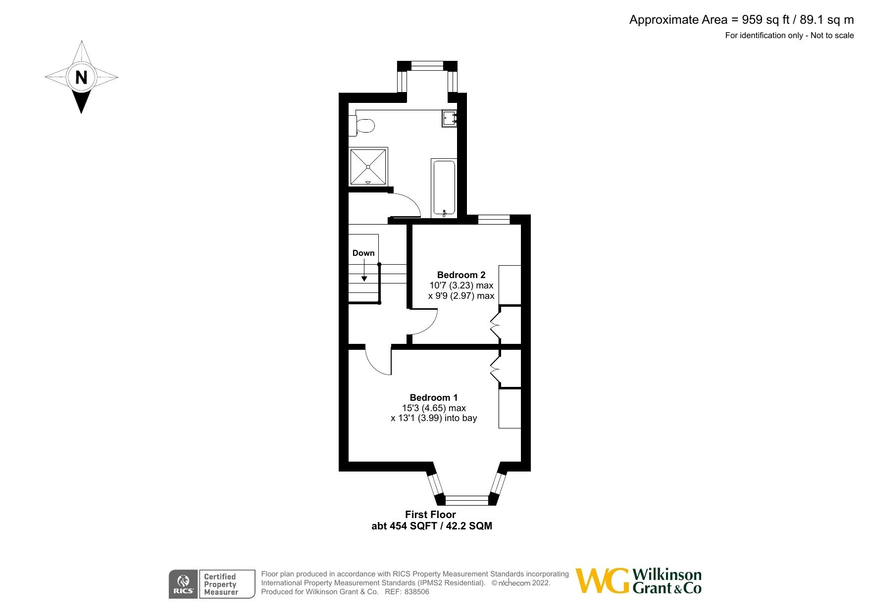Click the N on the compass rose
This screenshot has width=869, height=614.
click(81, 77)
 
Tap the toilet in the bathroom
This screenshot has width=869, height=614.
click(363, 125)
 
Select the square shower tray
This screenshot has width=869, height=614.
click(368, 166)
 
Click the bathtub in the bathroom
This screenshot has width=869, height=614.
click(444, 188)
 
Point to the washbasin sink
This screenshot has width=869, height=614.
click(449, 119)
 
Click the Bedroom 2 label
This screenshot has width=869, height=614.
click(461, 275)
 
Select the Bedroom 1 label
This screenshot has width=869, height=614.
click(433, 397)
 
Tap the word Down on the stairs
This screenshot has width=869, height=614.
click(363, 253)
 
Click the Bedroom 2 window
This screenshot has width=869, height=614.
click(494, 219)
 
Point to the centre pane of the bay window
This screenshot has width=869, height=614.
click(467, 500)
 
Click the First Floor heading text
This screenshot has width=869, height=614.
click(430, 515)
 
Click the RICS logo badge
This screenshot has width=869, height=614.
click(183, 584)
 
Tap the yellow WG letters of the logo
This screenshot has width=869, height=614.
click(602, 581)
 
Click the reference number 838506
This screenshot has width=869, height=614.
click(417, 592)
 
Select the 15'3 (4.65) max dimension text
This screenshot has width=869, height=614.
click(434, 408)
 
